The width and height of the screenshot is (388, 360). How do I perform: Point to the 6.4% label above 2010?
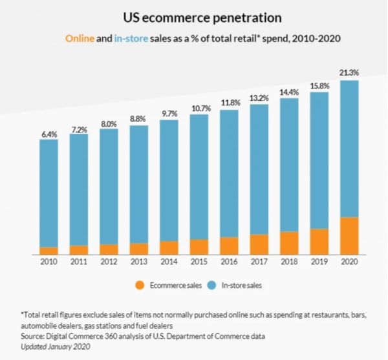49,134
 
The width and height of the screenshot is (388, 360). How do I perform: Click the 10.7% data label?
199,107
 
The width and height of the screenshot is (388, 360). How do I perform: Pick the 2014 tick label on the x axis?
169,262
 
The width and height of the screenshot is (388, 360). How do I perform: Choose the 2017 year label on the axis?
259,262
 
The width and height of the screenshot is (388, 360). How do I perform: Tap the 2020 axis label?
349,262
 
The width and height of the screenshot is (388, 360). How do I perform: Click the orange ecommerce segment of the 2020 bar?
349,236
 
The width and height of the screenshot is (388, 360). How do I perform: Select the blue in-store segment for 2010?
49,194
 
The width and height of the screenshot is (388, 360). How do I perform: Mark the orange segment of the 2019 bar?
319,242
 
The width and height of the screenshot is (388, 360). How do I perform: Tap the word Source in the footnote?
32,337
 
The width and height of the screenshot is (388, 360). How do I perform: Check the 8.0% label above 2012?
109,122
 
